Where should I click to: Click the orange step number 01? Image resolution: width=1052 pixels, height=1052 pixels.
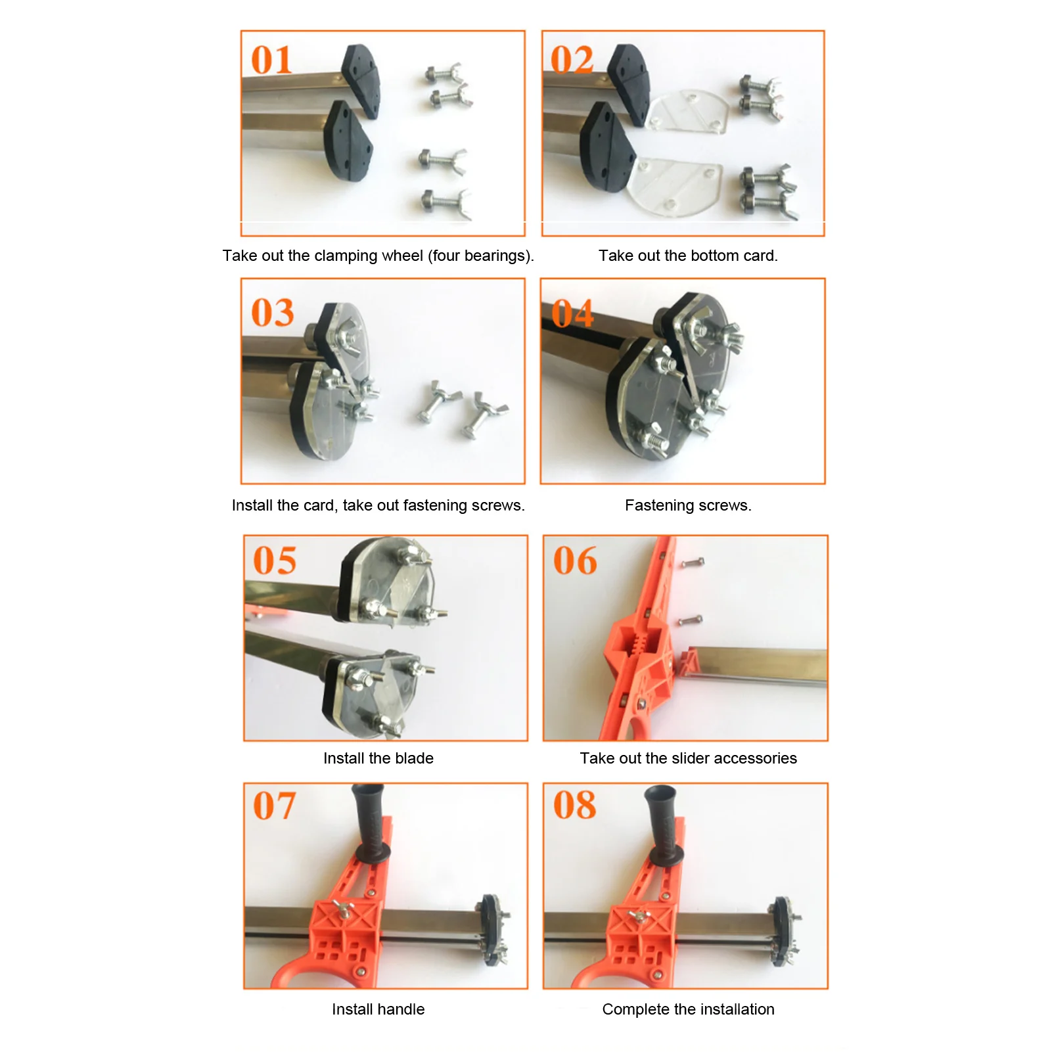[x=271, y=60]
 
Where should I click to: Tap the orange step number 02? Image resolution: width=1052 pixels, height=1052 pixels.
[x=572, y=60]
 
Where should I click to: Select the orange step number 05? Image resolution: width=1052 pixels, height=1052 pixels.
[x=275, y=560]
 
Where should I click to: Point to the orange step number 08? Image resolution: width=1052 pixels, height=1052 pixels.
[x=575, y=805]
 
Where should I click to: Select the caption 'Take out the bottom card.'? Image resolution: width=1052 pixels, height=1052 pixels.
[x=688, y=256]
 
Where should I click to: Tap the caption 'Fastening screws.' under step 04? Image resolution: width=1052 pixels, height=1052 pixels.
[x=688, y=505]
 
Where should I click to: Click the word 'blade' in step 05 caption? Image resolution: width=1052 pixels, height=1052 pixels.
[x=414, y=758]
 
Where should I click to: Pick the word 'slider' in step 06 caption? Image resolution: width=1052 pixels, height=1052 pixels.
[x=689, y=758]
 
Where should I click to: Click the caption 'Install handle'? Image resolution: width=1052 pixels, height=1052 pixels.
[x=378, y=1009]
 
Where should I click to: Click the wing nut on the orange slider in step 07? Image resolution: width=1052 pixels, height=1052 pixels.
[x=343, y=909]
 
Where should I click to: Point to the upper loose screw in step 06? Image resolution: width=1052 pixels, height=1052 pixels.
[x=693, y=562]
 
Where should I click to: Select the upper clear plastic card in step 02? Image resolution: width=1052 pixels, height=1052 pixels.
[x=688, y=111]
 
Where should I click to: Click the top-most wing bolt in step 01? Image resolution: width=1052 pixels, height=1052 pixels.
[x=445, y=74]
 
